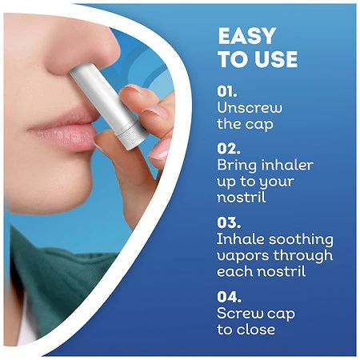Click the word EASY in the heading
pyautogui.click(x=246, y=37)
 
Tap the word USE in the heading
pyautogui.click(x=273, y=59)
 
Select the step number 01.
pyautogui.click(x=228, y=90)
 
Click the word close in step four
pyautogui.click(x=255, y=330)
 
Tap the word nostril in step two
pyautogui.click(x=241, y=198)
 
